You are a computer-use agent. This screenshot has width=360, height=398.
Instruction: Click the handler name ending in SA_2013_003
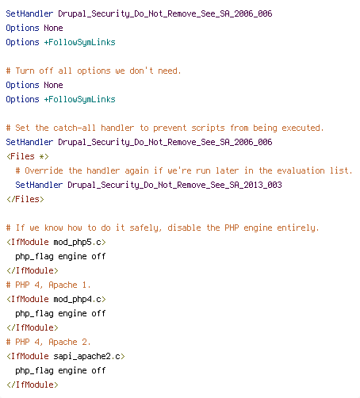click(174, 185)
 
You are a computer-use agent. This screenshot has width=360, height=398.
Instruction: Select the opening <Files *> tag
click(28, 156)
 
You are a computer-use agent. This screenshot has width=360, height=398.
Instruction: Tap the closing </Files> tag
click(25, 199)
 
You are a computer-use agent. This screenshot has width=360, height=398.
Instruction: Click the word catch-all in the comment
click(75, 128)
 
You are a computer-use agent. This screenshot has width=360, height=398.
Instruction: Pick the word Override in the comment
click(44, 170)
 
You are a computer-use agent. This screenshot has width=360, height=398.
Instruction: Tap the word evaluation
click(301, 170)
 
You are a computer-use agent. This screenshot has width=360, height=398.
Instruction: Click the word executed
click(303, 128)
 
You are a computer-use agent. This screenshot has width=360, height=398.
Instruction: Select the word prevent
click(170, 128)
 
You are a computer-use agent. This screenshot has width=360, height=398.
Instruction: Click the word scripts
click(208, 128)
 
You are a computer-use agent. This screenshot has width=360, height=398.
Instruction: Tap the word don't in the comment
click(141, 71)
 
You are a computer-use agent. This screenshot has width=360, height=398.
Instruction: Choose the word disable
click(184, 228)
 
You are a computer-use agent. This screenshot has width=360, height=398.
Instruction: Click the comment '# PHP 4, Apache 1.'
click(48, 285)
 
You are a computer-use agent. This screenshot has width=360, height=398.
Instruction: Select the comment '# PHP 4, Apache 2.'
click(48, 342)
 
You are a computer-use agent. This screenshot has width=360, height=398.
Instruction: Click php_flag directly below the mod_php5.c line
click(34, 257)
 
